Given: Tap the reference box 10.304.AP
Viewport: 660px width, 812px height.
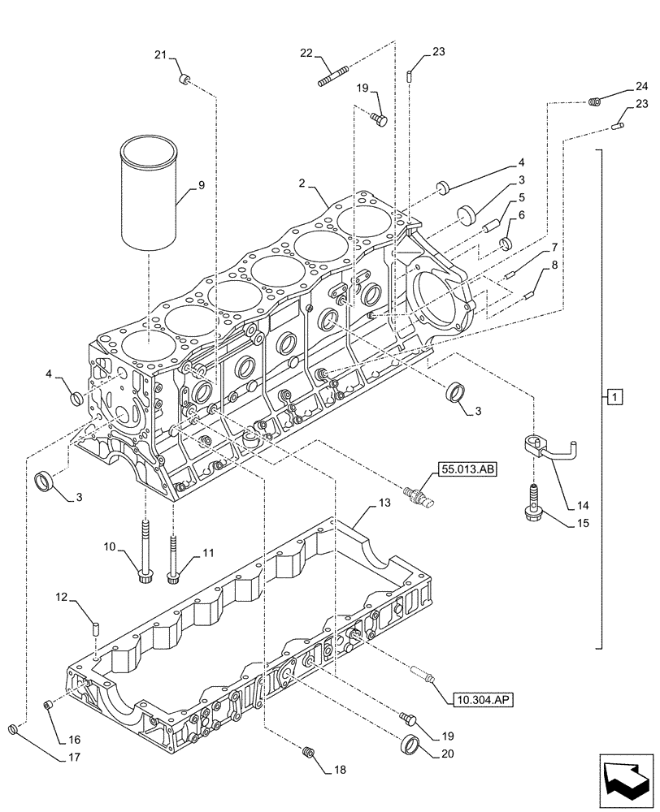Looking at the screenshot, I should point(479,697).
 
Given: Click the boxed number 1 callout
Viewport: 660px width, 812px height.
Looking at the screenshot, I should point(614,397).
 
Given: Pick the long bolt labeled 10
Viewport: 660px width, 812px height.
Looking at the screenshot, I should point(145,552).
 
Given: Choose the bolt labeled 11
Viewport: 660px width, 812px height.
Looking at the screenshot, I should point(172,557).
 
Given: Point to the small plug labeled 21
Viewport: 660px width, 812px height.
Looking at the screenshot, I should point(184,79).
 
